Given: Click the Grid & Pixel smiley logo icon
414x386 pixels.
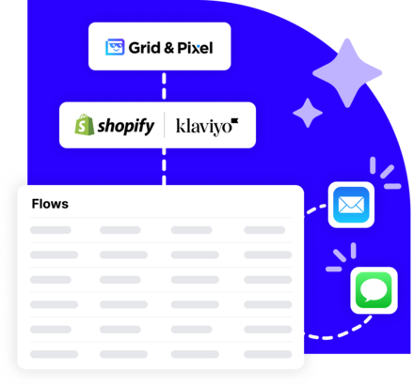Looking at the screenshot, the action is (x=115, y=47).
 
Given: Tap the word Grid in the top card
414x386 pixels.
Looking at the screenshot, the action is (x=144, y=48).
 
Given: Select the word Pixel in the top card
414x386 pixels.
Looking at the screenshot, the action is (x=195, y=48).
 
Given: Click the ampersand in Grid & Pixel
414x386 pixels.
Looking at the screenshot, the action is (x=168, y=48).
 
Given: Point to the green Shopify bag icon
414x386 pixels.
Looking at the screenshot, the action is (x=84, y=125).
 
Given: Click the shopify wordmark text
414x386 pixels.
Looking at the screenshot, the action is (x=126, y=127).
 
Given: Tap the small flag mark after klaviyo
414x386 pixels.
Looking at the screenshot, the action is (x=235, y=121).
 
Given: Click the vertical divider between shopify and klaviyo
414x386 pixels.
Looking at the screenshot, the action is (x=165, y=125).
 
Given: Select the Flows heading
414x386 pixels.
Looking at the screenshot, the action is (x=50, y=204).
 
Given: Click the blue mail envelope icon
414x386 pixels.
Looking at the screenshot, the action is (x=351, y=205).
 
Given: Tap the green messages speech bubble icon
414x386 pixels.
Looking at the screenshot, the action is (x=374, y=290).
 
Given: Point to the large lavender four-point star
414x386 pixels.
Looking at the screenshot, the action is (x=347, y=73).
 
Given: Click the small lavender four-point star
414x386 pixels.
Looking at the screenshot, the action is (x=308, y=113).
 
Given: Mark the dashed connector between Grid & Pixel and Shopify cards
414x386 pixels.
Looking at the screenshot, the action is (x=164, y=86).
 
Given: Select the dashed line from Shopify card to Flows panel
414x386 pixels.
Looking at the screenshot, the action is (x=164, y=166).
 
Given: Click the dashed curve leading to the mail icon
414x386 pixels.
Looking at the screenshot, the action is (x=315, y=209).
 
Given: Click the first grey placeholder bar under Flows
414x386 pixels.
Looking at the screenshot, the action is (x=51, y=230).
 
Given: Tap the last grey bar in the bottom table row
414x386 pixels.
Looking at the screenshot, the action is (x=268, y=354).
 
